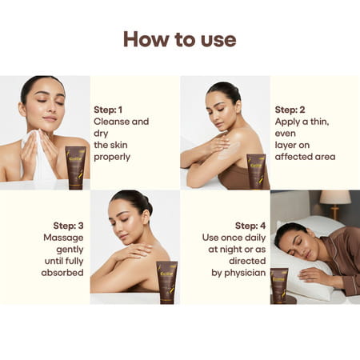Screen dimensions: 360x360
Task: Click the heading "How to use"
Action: click(179, 39)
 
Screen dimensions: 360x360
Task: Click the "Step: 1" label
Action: click(110, 109)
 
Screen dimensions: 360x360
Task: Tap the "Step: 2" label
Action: click(290, 109)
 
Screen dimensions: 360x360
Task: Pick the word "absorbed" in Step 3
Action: click(63, 273)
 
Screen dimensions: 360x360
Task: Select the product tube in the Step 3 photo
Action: click(166, 282)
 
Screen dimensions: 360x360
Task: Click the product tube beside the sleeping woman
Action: click(279, 285)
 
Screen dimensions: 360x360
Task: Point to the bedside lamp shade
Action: click(334, 198)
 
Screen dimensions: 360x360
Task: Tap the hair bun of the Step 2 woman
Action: click(221, 88)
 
